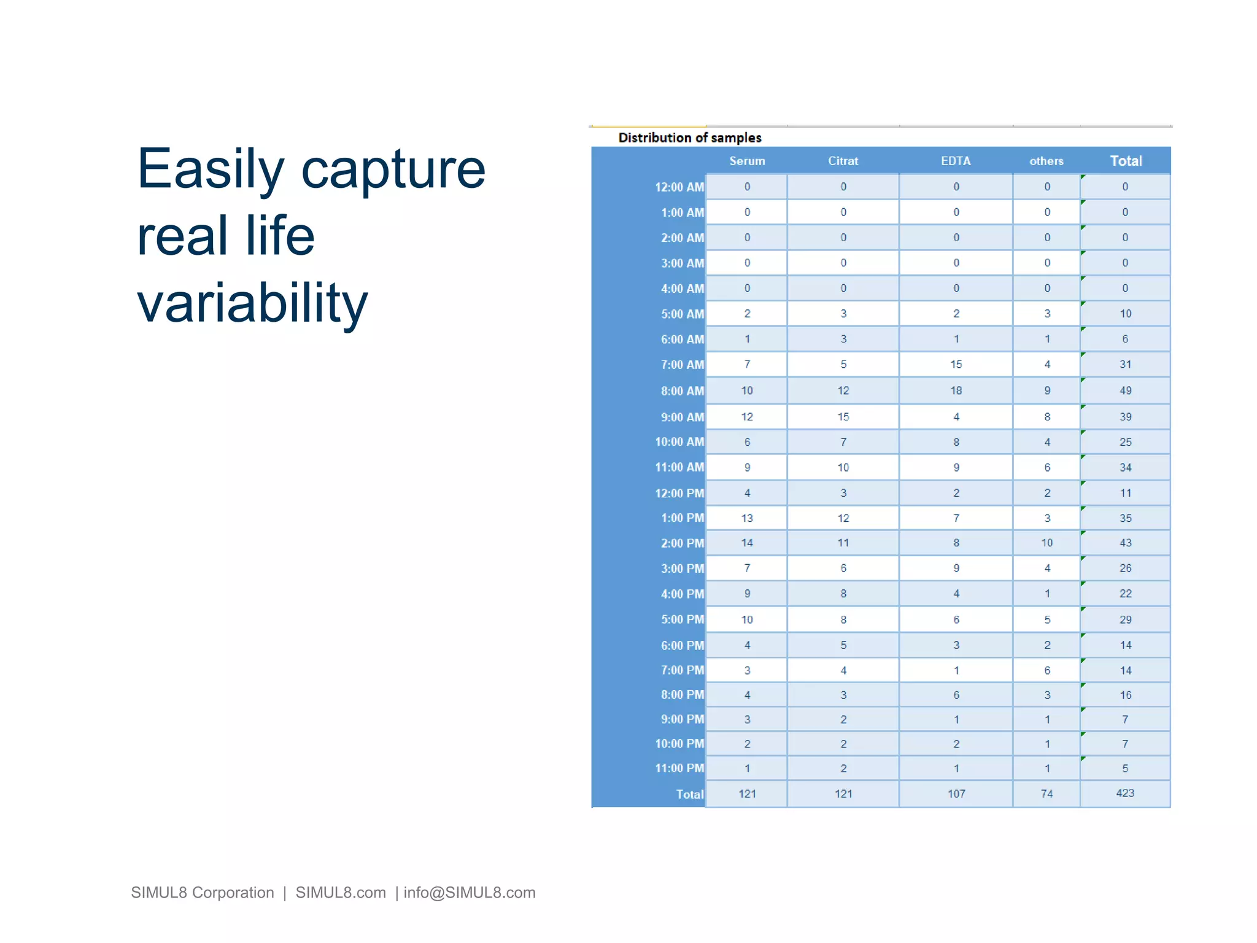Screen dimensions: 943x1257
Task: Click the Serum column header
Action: pyautogui.click(x=746, y=161)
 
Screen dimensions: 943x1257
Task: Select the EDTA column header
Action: pyautogui.click(x=956, y=161)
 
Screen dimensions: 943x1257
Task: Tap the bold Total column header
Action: pyautogui.click(x=1126, y=161)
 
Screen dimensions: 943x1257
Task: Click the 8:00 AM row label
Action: pyautogui.click(x=682, y=391)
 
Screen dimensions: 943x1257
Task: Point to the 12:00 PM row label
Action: pyautogui.click(x=679, y=493)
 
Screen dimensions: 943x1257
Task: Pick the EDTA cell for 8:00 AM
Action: pyautogui.click(x=956, y=390)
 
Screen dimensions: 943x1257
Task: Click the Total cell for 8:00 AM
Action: pyautogui.click(x=1125, y=390)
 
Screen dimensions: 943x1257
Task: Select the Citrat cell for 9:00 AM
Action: pyautogui.click(x=843, y=417)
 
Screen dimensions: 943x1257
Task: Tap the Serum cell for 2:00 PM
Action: pyautogui.click(x=746, y=543)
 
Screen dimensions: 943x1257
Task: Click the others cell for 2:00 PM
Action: pyautogui.click(x=1046, y=543)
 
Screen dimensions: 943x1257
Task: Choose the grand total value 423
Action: pyautogui.click(x=1124, y=793)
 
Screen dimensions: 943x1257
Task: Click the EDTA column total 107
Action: pyautogui.click(x=956, y=794)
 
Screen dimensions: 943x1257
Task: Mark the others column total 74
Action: pyautogui.click(x=1046, y=794)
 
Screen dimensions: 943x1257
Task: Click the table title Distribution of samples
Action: pyautogui.click(x=689, y=138)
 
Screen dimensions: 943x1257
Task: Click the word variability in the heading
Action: pyautogui.click(x=252, y=302)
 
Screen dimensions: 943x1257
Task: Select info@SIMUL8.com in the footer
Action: pyautogui.click(x=469, y=892)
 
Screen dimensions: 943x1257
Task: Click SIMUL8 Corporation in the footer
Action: pyautogui.click(x=202, y=892)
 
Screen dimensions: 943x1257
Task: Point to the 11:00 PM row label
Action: pyautogui.click(x=679, y=768)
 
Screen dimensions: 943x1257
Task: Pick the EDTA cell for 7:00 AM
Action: pyautogui.click(x=956, y=364)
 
